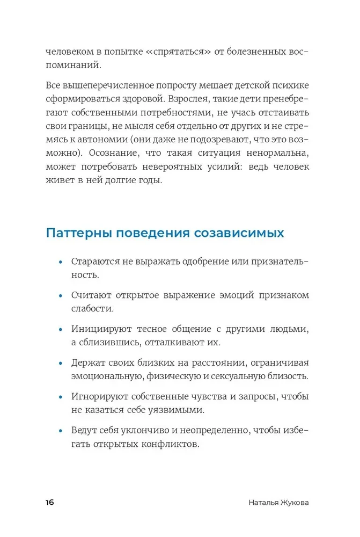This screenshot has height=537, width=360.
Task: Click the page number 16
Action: click(x=49, y=503)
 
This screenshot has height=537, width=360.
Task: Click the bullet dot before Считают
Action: click(x=61, y=296)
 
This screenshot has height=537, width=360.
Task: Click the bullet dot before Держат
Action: click(x=61, y=364)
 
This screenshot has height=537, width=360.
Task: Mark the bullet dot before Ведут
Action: click(x=61, y=431)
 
